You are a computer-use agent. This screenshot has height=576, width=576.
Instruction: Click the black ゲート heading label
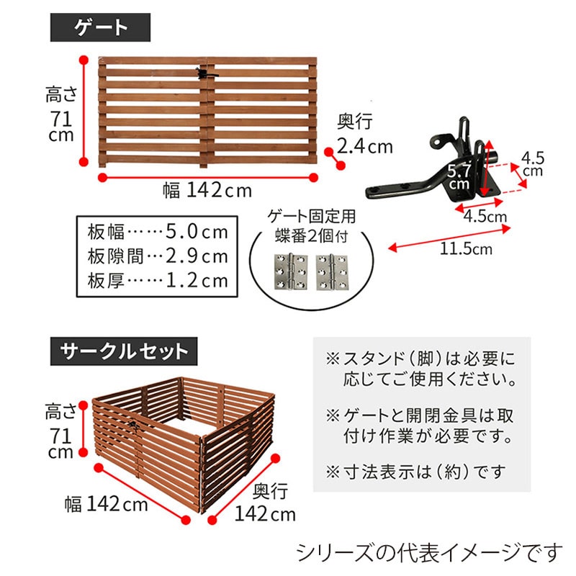[100, 28]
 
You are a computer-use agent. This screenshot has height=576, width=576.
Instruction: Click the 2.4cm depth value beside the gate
[365, 147]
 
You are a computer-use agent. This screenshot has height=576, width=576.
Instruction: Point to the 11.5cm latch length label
[467, 249]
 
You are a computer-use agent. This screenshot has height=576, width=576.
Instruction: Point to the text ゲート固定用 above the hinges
[312, 215]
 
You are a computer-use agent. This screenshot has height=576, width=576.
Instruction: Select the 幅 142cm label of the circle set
[106, 503]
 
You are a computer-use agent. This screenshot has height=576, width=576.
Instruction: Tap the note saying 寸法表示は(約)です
[415, 472]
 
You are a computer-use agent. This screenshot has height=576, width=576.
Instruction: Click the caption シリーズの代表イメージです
[429, 552]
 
